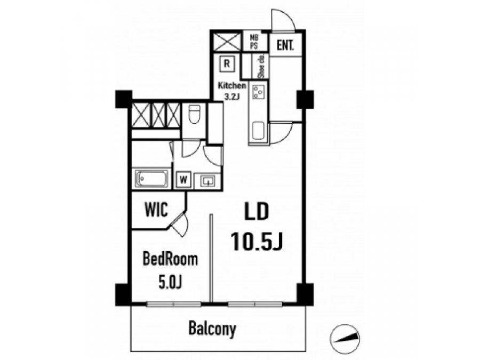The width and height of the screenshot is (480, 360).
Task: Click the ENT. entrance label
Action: [x=285, y=45]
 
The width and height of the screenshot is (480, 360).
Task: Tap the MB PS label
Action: [x=254, y=42]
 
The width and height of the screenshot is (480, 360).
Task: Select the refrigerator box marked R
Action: [x=227, y=63]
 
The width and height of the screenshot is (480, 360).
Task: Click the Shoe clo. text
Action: [x=262, y=66]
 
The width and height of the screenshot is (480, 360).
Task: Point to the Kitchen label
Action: [x=232, y=85]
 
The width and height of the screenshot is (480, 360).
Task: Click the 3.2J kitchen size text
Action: [x=232, y=97]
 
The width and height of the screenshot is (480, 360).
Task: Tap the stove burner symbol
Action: [x=258, y=92]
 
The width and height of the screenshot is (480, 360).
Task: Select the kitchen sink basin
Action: [x=258, y=131]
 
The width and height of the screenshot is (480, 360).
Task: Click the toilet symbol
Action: [x=194, y=114]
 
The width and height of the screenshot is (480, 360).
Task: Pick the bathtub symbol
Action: [x=152, y=179]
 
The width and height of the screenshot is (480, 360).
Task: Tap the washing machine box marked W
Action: [x=183, y=180]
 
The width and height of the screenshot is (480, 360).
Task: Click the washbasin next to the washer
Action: [x=207, y=181]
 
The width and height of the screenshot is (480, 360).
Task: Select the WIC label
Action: [x=156, y=210]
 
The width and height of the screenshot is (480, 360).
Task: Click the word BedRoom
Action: [x=171, y=259]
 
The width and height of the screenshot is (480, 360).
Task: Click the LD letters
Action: [x=257, y=211]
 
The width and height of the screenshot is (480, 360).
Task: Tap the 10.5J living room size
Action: [x=257, y=241]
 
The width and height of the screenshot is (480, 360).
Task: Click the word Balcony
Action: [x=212, y=329]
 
